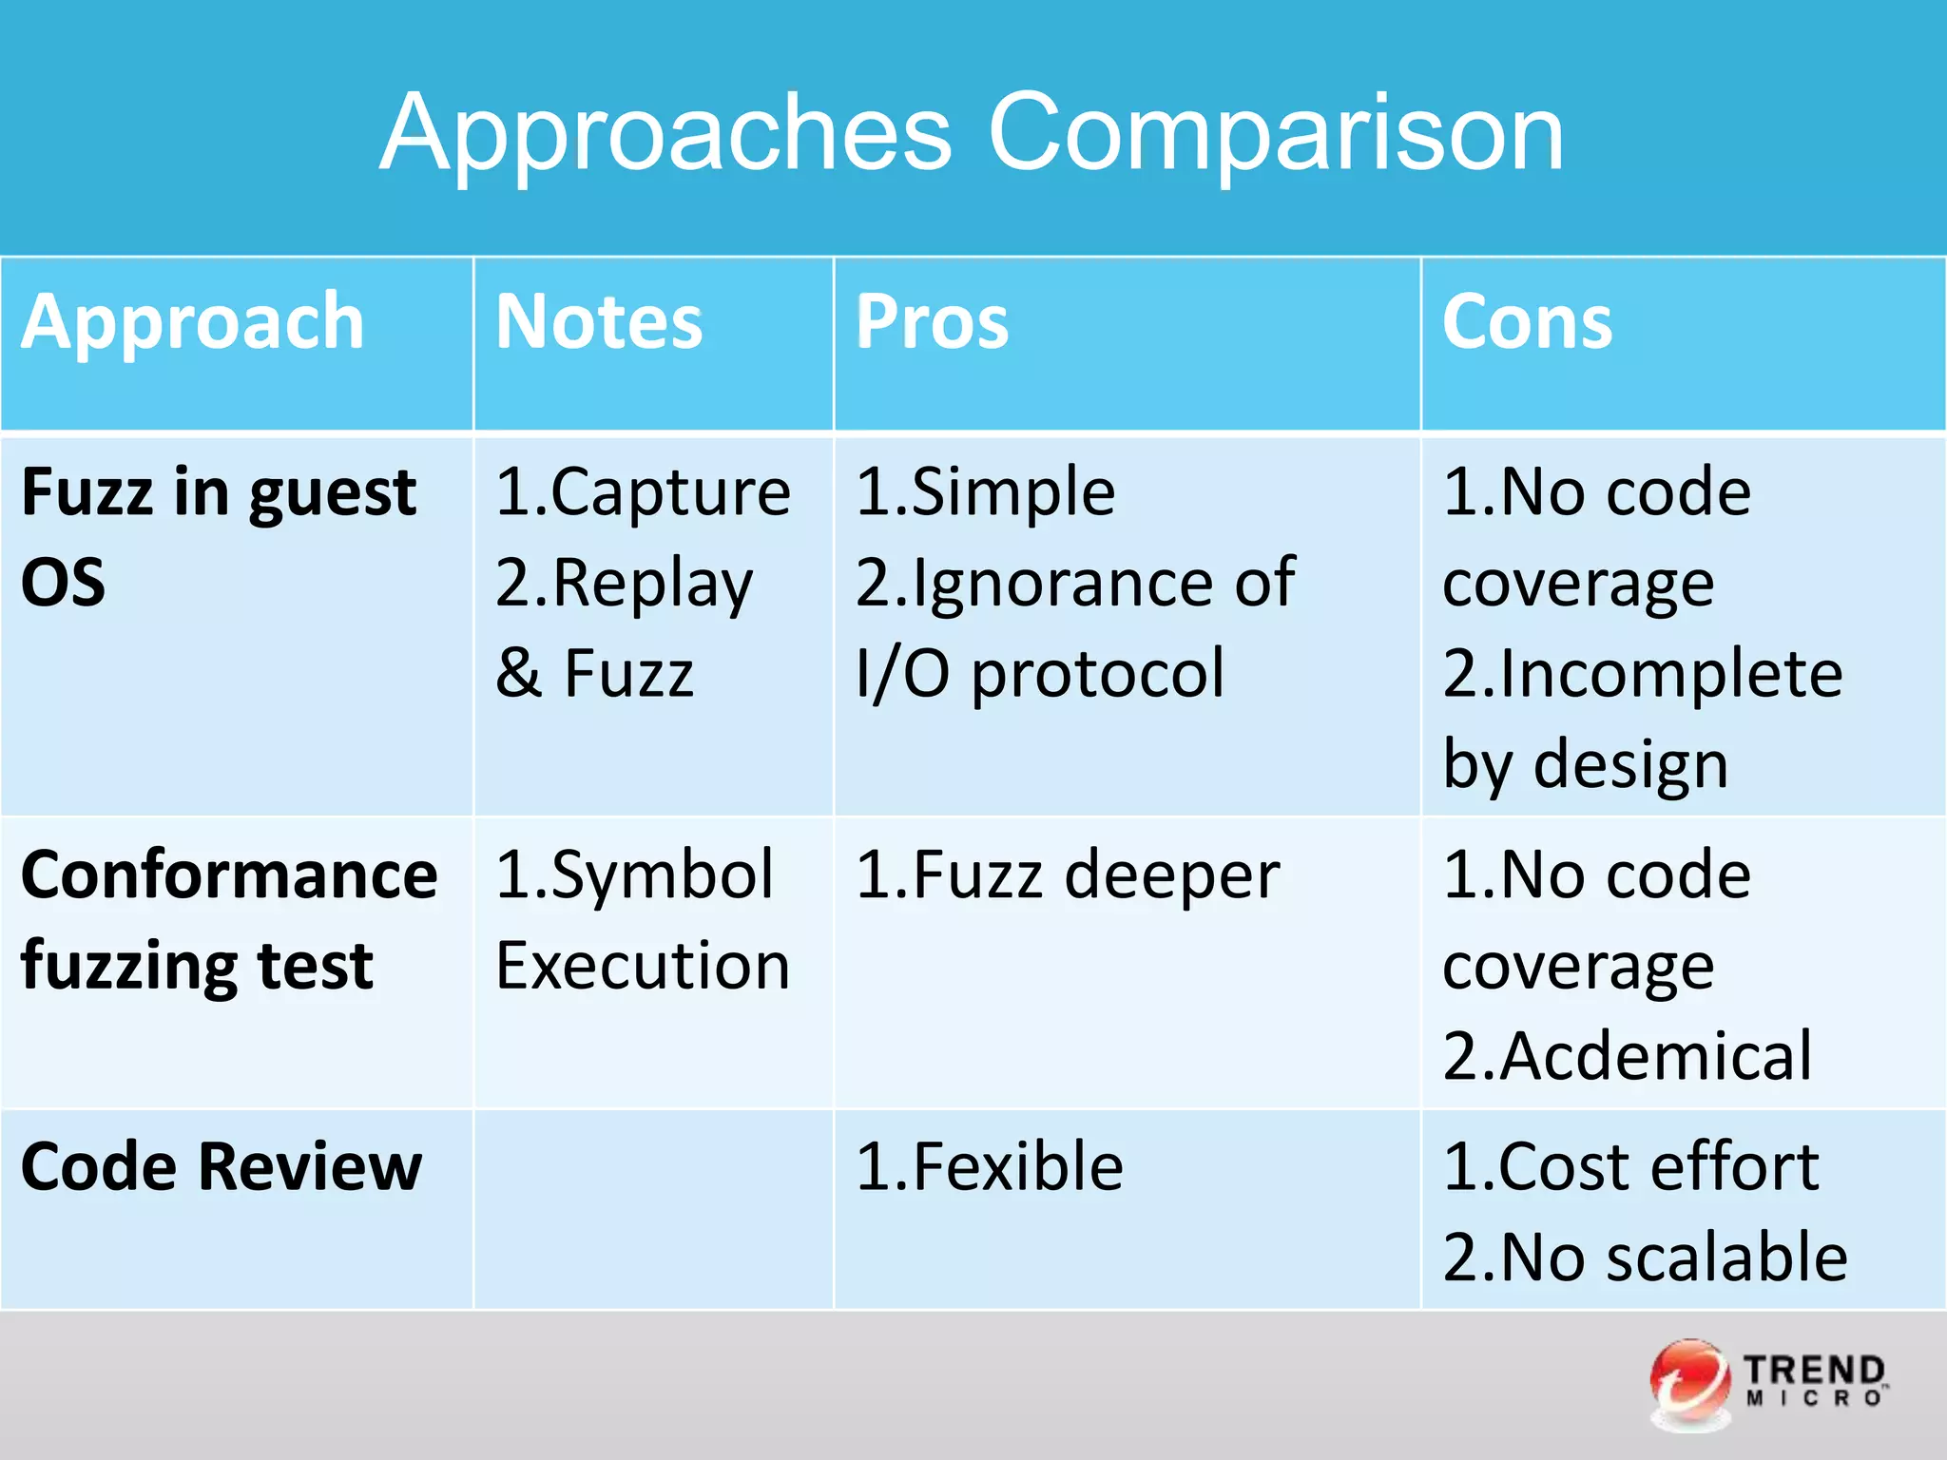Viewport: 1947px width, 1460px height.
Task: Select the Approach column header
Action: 193,322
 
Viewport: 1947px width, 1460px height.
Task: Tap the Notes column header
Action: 599,322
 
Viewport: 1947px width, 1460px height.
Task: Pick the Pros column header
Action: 932,322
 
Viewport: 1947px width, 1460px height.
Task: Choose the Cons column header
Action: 1527,322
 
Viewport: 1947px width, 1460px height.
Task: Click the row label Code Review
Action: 221,1166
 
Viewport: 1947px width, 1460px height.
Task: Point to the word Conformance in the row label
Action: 229,874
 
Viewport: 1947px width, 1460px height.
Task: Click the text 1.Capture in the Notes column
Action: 643,492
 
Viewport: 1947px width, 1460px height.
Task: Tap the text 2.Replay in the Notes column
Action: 624,583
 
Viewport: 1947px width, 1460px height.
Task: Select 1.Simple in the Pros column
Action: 986,492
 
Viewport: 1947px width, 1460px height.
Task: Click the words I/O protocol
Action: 1040,673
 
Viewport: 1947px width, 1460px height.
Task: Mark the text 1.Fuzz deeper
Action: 1067,874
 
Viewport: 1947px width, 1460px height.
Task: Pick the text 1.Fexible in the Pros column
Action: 989,1166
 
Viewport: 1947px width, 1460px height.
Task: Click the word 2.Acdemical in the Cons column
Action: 1627,1055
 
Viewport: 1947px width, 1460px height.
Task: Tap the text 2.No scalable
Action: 1645,1257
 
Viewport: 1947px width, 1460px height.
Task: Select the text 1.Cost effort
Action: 1629,1166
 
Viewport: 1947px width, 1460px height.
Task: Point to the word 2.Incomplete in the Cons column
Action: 1642,673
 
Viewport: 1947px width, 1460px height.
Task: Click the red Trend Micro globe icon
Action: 1689,1383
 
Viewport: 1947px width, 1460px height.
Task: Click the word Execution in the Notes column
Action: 643,965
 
